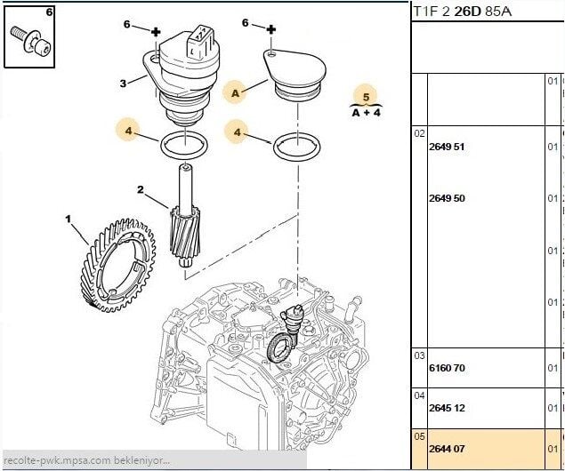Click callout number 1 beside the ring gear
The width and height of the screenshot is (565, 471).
[69, 217]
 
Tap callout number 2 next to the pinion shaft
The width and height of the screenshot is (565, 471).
[141, 189]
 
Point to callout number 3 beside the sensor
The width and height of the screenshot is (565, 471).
[124, 84]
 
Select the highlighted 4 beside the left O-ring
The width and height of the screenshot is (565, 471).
[129, 132]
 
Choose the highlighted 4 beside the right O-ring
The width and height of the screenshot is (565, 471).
[238, 132]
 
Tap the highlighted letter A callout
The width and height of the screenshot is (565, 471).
[236, 92]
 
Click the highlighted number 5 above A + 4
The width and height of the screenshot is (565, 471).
[364, 96]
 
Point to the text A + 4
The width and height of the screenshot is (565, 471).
[366, 113]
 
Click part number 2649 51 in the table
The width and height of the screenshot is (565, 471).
[447, 147]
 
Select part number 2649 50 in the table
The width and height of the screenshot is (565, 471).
[447, 198]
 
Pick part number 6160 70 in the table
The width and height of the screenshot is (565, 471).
[447, 367]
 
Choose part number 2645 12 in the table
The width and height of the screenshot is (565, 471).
[447, 408]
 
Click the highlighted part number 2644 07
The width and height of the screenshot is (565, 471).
[447, 449]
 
